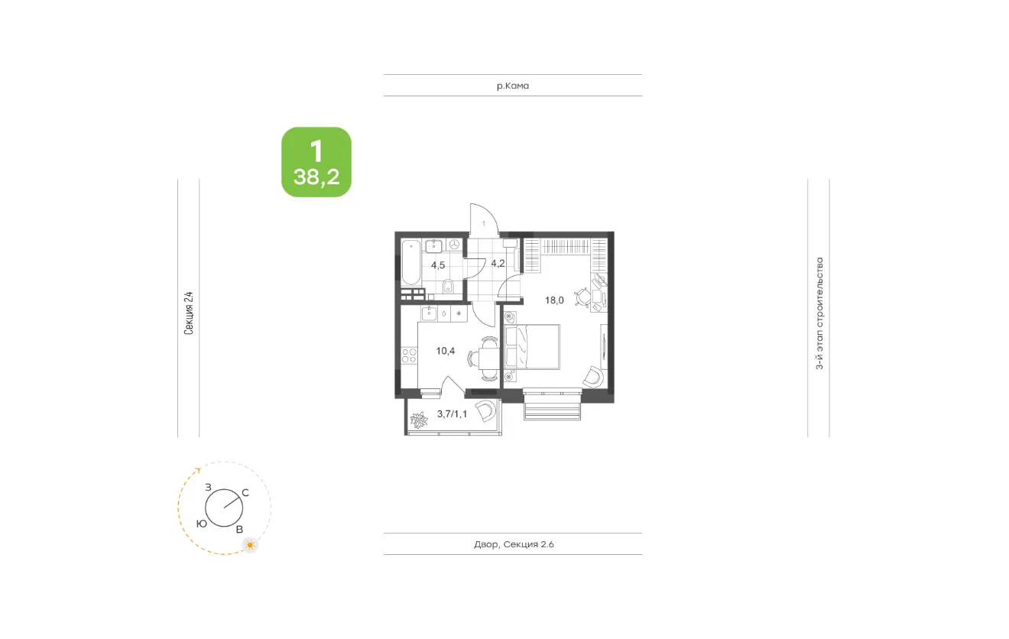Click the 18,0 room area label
[x=554, y=300]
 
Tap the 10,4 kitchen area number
[x=445, y=351]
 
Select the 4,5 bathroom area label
[x=438, y=265]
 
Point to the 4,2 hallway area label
[x=498, y=264]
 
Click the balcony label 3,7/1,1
[x=453, y=414]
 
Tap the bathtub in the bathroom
[x=410, y=262]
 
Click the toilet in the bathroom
[x=448, y=286]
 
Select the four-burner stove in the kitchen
[x=409, y=355]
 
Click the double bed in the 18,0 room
[x=532, y=347]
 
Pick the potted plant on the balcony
[x=419, y=420]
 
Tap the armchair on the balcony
[x=485, y=410]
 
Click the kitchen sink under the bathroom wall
[x=429, y=313]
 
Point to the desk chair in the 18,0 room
[x=583, y=297]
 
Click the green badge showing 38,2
[x=316, y=162]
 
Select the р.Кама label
[x=513, y=86]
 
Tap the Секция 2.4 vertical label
[x=189, y=313]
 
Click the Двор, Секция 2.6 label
[x=514, y=544]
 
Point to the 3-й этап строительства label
[x=819, y=313]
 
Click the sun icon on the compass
[x=250, y=545]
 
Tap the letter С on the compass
[x=245, y=493]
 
